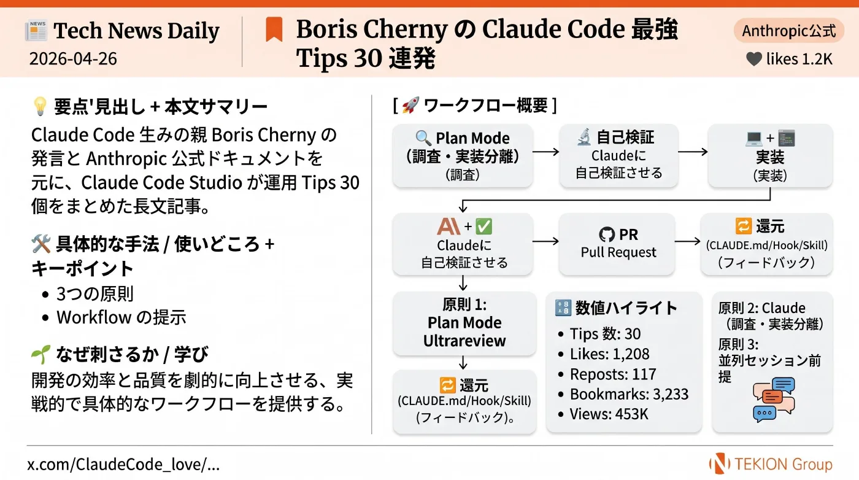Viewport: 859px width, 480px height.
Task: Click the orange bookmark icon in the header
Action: click(x=274, y=29)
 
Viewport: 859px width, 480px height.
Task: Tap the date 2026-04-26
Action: click(x=73, y=59)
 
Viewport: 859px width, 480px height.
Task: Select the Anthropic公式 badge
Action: click(x=788, y=31)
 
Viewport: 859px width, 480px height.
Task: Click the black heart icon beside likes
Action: click(x=754, y=59)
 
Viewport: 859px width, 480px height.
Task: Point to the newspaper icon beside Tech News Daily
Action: click(x=36, y=30)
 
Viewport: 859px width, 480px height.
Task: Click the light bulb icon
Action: click(x=40, y=106)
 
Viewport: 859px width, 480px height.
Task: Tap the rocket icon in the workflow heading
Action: click(x=410, y=105)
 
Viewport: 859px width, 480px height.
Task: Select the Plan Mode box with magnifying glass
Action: click(x=463, y=155)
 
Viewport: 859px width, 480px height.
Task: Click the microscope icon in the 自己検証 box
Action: click(x=584, y=137)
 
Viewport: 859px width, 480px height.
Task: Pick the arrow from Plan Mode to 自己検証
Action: click(x=545, y=152)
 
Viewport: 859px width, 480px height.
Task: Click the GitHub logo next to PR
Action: click(x=607, y=234)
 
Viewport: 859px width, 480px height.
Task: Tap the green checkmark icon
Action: click(x=484, y=226)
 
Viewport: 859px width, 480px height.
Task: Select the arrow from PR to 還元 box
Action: click(x=687, y=241)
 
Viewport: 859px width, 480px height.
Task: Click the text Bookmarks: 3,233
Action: click(x=629, y=394)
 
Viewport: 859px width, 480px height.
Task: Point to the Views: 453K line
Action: click(x=609, y=414)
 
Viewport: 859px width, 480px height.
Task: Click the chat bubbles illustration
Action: click(x=774, y=400)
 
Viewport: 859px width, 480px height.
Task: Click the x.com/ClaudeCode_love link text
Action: click(x=123, y=464)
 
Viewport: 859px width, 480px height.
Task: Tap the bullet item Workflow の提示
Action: click(x=121, y=317)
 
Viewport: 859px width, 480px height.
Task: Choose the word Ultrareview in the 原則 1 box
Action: click(x=464, y=341)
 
